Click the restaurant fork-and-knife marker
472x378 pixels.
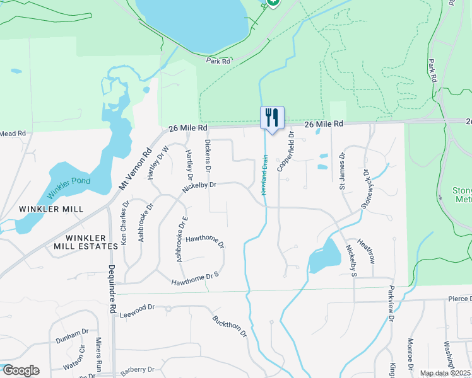[272, 117]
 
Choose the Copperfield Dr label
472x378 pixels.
[285, 154]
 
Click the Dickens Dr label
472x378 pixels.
[207, 156]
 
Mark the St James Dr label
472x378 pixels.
[342, 171]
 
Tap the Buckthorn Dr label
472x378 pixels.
[230, 326]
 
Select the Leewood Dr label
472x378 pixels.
[137, 310]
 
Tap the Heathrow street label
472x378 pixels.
[367, 251]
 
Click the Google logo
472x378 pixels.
[20, 370]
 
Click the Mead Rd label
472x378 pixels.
[13, 134]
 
